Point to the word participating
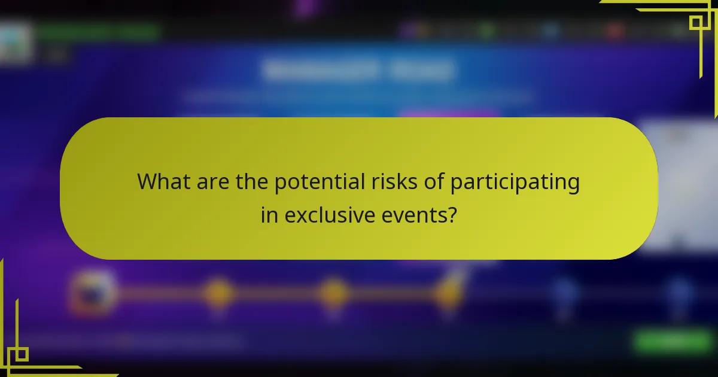pos(515,182)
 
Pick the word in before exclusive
pos(269,214)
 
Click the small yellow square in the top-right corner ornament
pos(696,23)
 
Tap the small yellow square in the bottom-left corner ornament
pos(21,354)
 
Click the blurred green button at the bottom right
pos(673,341)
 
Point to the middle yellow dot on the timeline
pos(333,293)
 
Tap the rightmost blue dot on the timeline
pos(679,293)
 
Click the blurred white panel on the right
pos(679,186)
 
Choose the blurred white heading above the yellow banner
pos(357,70)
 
